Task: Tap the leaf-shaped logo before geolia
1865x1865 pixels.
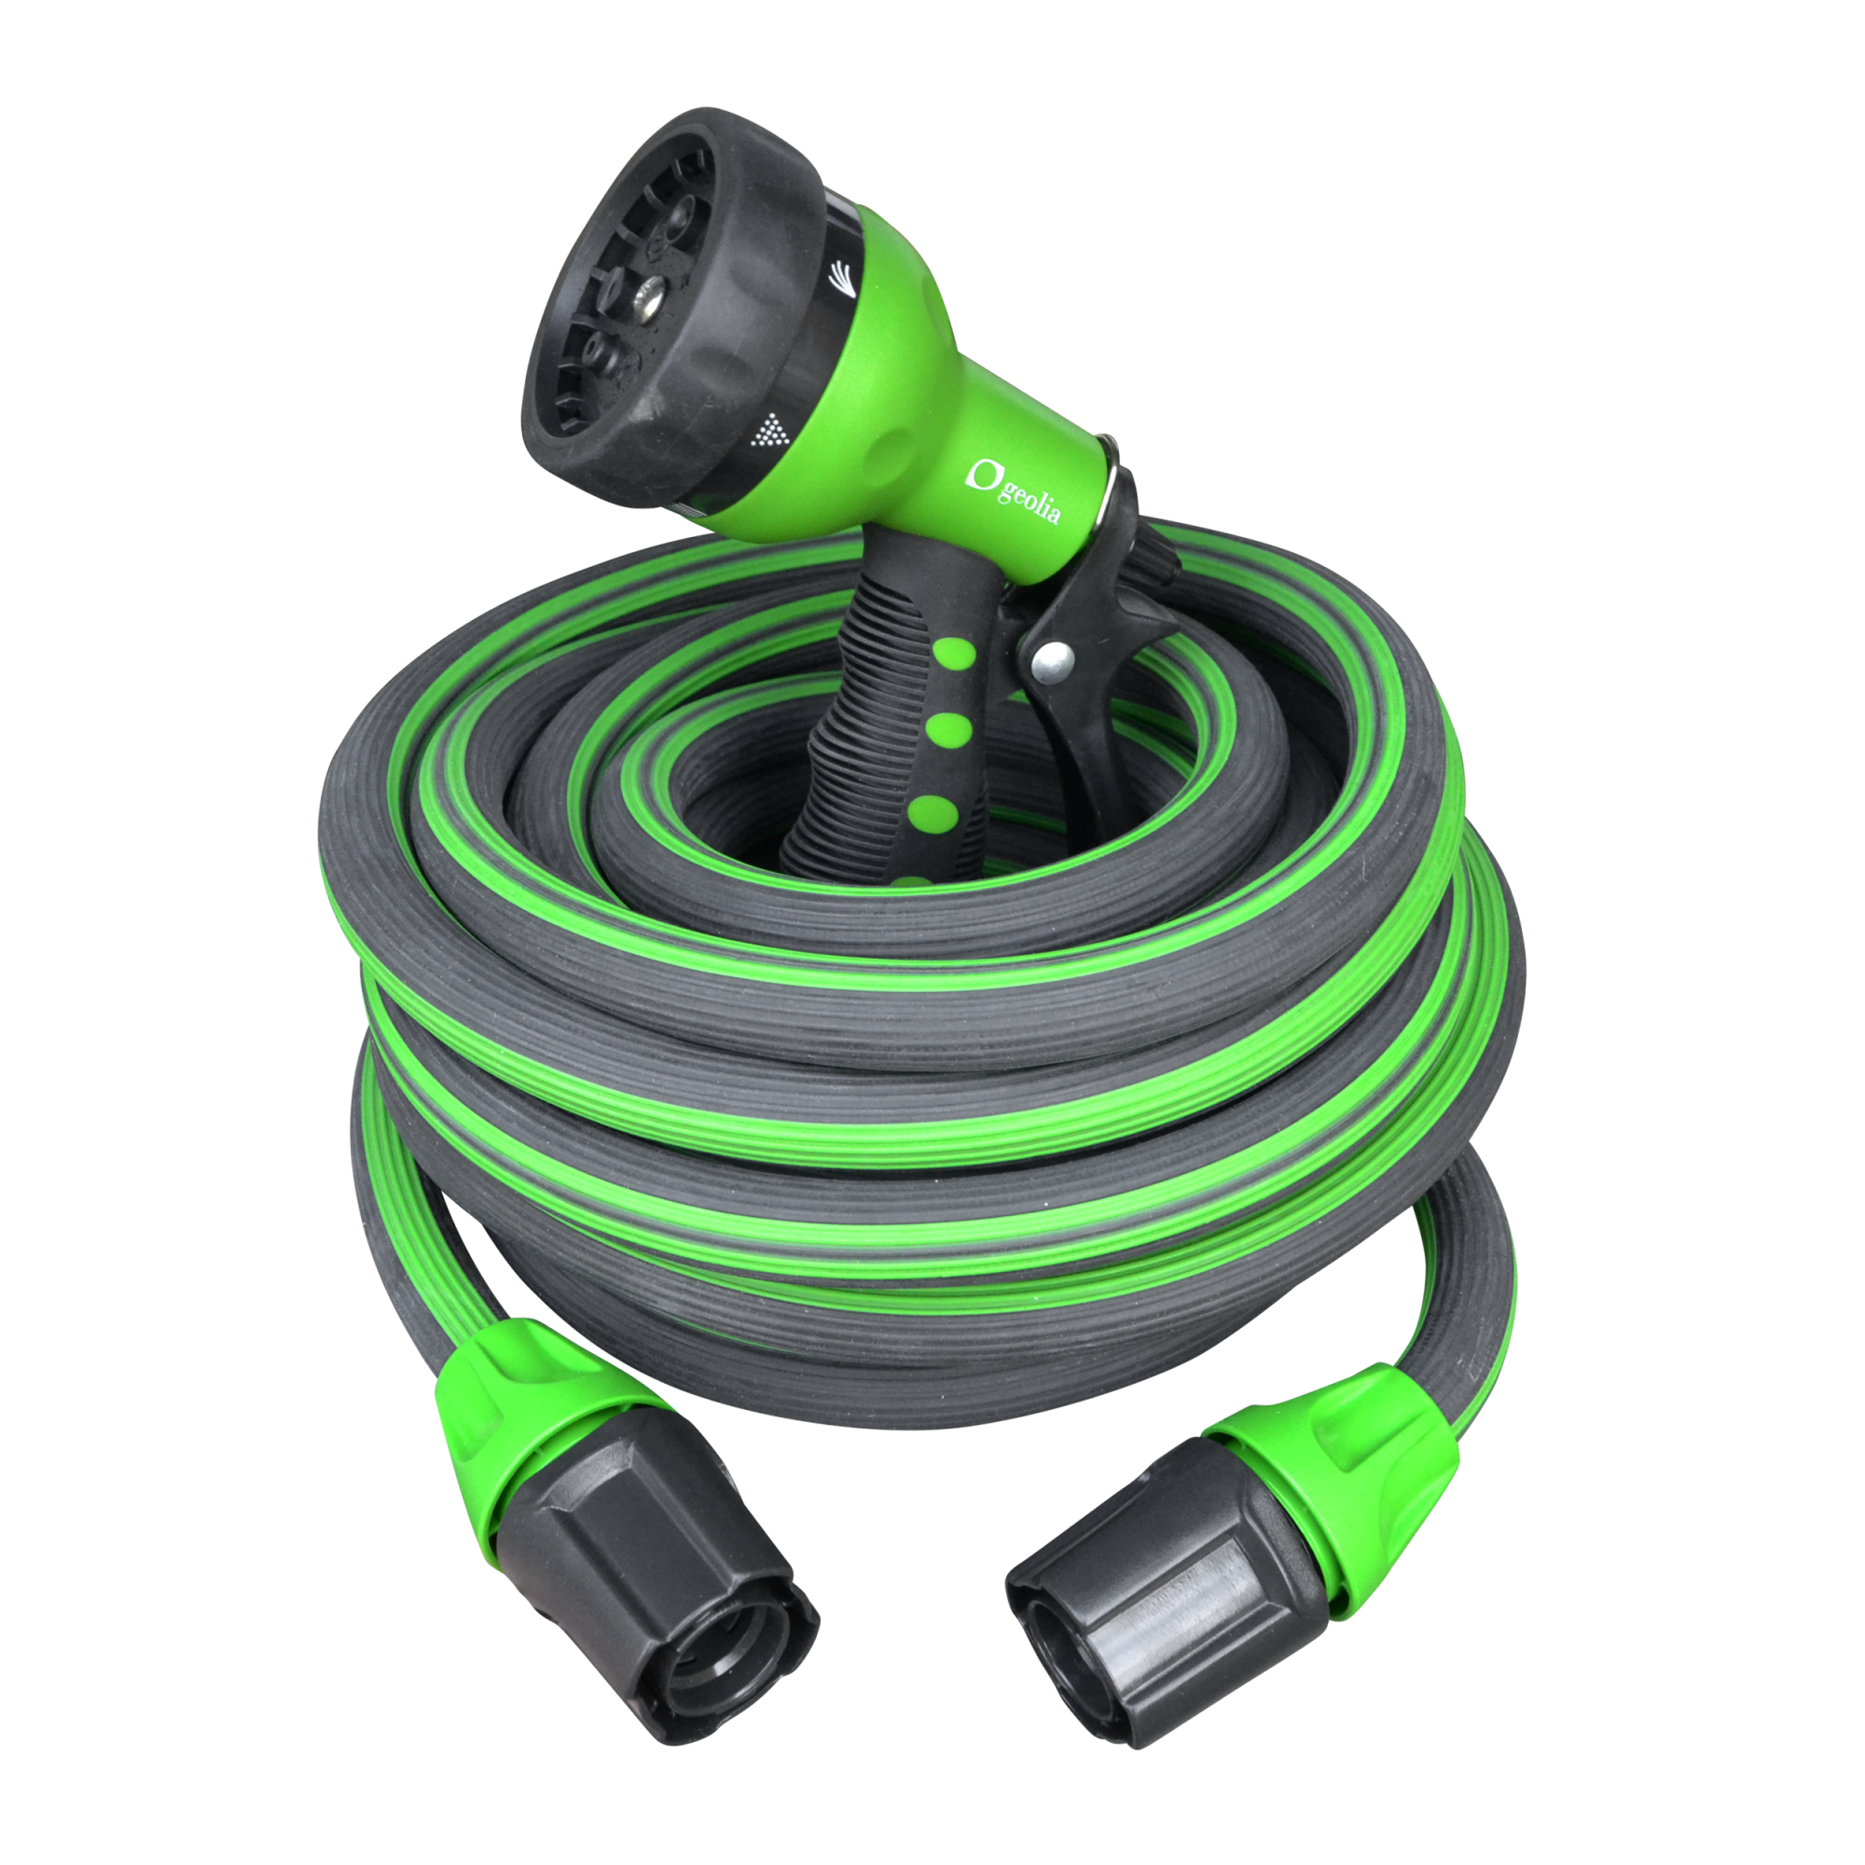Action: (984, 474)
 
